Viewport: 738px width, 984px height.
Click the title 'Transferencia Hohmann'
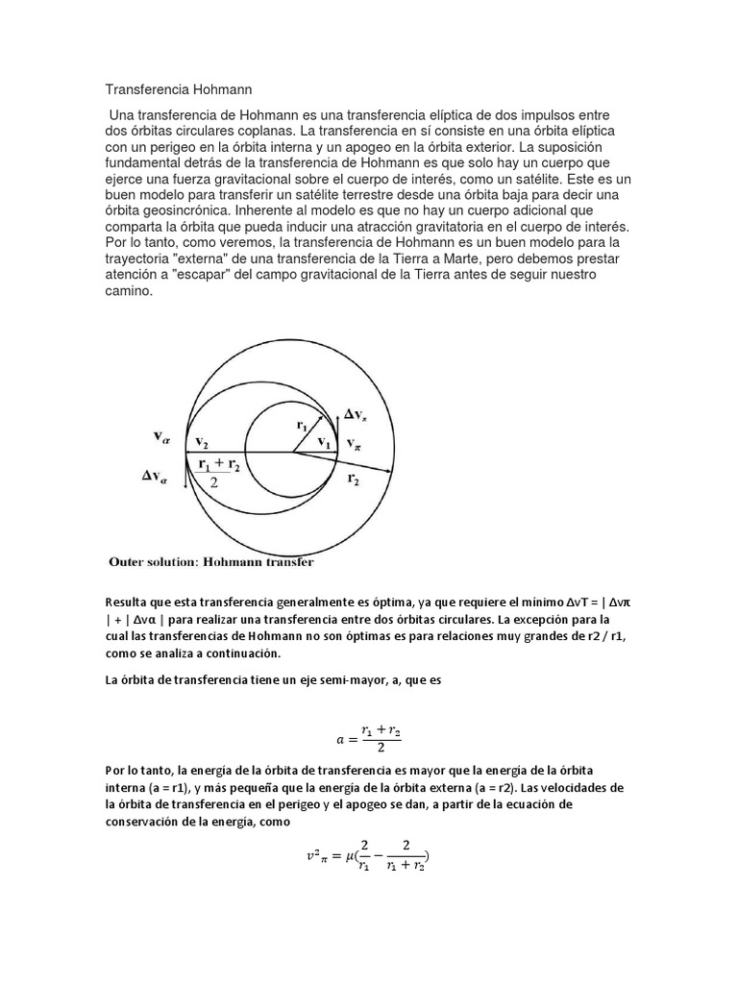point(178,90)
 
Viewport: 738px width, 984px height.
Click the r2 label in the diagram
point(353,478)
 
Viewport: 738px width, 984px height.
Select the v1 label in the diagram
point(324,443)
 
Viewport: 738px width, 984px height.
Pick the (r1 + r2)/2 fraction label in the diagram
point(222,473)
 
